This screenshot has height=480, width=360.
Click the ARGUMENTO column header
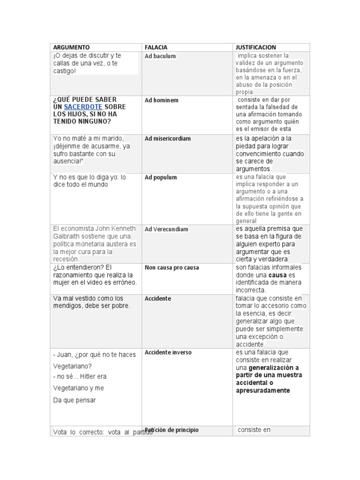pos(71,47)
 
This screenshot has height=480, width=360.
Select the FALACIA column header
pos(156,47)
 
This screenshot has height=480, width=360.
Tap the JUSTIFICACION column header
pos(256,47)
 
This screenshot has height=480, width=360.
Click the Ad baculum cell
pos(160,56)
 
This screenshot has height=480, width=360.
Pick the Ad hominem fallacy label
pos(161,100)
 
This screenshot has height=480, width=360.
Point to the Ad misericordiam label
pos(168,139)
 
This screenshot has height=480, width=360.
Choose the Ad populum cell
pos(161,178)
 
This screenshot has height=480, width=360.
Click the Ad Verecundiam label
pos(166,229)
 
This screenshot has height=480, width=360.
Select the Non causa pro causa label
pos(172,268)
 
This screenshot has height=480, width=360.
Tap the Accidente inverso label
pos(168,352)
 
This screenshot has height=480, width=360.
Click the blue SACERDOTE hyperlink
pos(83,107)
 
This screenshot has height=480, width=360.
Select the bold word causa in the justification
pos(277,275)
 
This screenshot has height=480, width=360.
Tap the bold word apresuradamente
pos(263,390)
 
